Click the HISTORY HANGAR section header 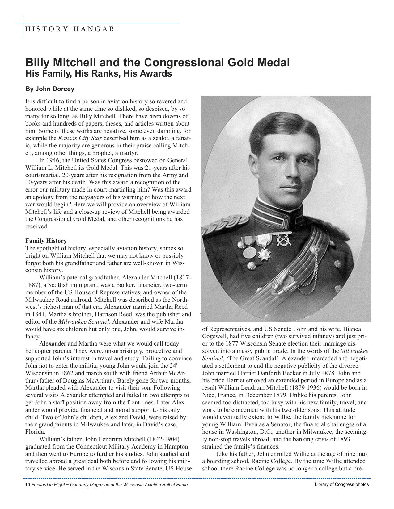click(70, 29)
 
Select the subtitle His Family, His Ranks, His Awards click(98, 74)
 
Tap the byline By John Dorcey click(50, 89)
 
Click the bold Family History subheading click(46, 241)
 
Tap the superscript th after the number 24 click(186, 364)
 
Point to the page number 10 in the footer click(27, 485)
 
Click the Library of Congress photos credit click(341, 484)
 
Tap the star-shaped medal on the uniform click(264, 255)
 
